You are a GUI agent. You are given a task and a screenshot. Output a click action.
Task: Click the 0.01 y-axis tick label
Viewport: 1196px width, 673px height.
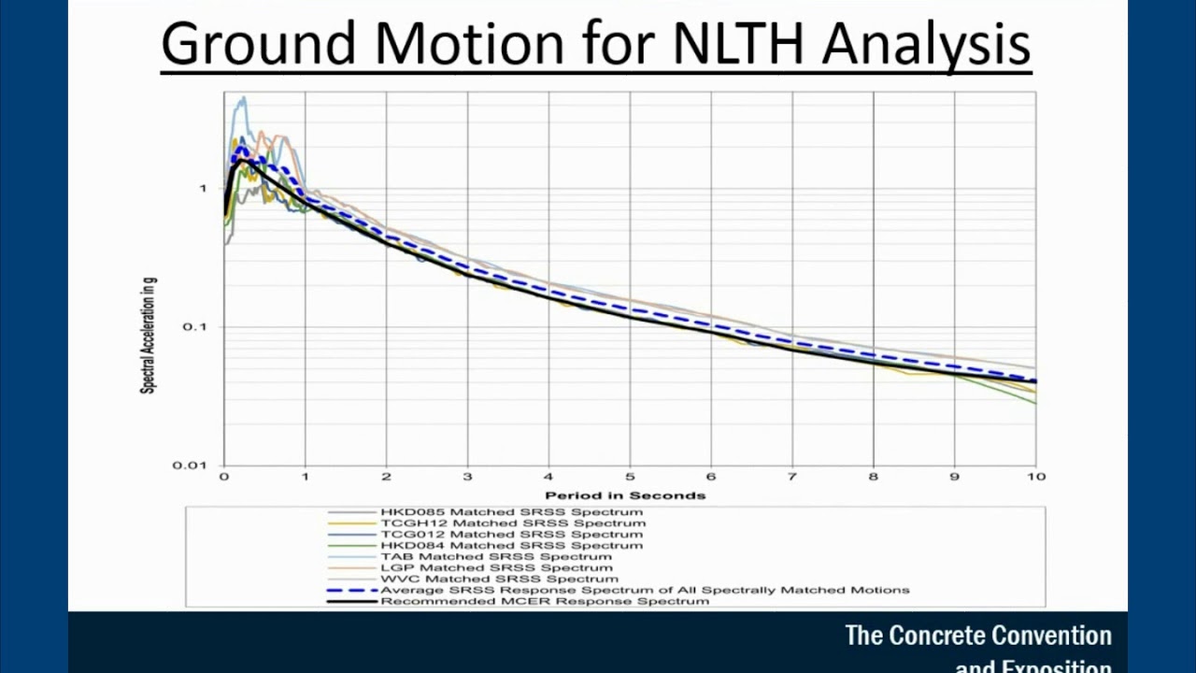coord(189,465)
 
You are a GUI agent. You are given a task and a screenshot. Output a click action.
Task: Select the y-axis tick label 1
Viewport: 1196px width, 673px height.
coord(202,189)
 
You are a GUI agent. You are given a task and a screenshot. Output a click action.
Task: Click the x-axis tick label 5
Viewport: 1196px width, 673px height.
coord(630,477)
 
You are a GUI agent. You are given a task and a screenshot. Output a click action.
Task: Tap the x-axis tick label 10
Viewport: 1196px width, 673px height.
coord(1035,477)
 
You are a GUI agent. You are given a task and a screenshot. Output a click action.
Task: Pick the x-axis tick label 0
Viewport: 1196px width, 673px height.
coord(224,477)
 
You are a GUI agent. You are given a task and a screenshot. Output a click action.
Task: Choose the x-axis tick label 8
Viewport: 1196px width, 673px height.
coord(874,477)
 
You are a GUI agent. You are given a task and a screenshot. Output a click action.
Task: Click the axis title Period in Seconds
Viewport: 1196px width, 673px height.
coord(625,495)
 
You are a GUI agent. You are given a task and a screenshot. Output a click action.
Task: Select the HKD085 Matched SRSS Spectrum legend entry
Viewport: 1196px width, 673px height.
coord(511,512)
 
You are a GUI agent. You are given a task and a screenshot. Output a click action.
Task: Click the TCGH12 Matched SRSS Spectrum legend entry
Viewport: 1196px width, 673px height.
coord(512,523)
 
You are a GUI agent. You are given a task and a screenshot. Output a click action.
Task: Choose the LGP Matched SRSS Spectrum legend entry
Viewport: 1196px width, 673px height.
coord(496,567)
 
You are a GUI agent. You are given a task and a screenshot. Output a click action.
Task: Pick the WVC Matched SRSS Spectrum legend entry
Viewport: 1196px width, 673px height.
coord(499,579)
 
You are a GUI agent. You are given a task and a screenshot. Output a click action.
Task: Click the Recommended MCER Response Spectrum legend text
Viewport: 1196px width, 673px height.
coord(544,601)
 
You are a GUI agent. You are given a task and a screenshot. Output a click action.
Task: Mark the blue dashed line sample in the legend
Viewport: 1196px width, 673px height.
coord(351,590)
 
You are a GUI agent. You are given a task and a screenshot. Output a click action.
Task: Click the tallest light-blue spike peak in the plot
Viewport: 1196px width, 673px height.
coord(244,97)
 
